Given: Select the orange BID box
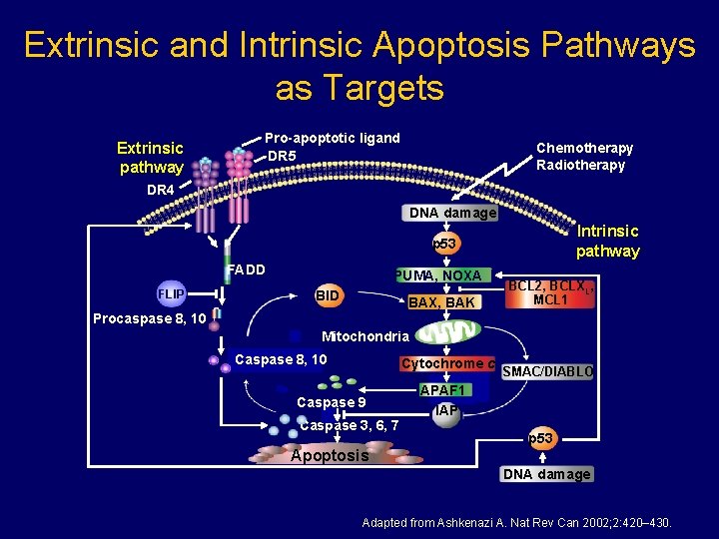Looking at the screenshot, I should pos(328,296).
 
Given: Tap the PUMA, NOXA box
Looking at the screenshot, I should pos(438,275).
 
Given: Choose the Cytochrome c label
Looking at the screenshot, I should pos(447,364).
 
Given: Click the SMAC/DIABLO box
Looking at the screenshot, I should pos(548,371).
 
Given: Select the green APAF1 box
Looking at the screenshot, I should pos(444,389).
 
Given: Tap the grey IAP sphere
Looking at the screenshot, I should pos(445,411).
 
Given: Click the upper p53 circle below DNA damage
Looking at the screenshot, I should pos(443,244).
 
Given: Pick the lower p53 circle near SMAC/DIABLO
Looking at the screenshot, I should pos(541,438).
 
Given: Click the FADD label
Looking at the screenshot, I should pos(246,269).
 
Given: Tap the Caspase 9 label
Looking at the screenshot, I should pos(332,402).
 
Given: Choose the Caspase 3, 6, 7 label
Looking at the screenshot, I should pos(350,426).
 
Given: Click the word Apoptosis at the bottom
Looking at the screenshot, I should pos(329,455).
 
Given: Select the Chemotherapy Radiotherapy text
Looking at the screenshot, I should pos(584,157).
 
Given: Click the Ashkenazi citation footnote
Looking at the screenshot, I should pos(516,522).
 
